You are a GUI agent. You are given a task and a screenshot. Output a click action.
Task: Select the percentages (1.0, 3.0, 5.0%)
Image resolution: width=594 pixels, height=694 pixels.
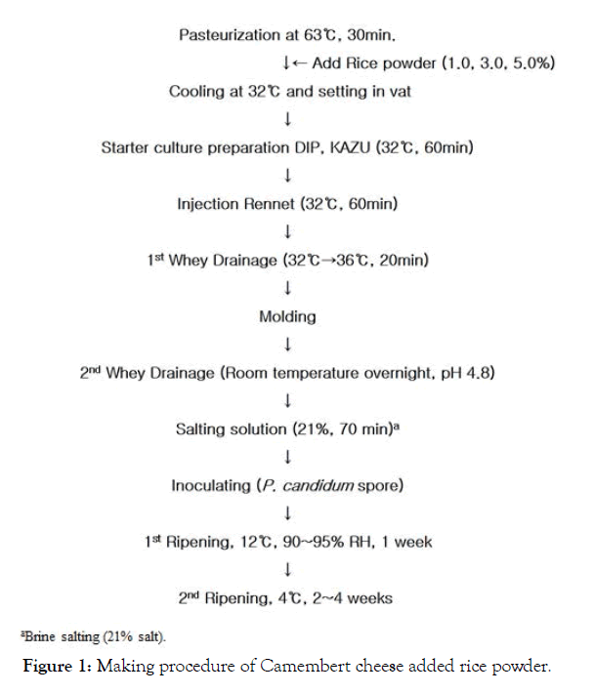tap(499, 63)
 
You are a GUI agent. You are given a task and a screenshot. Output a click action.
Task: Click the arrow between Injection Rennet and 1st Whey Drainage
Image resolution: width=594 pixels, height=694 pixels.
tap(287, 232)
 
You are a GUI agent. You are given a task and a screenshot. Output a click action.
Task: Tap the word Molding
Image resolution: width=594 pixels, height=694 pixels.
tap(287, 316)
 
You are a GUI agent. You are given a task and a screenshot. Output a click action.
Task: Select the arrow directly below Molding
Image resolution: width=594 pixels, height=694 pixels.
tap(287, 345)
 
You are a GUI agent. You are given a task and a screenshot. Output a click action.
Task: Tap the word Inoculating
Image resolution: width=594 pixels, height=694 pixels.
tap(210, 485)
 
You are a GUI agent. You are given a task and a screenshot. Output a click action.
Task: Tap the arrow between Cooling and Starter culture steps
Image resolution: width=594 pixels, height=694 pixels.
tap(287, 120)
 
